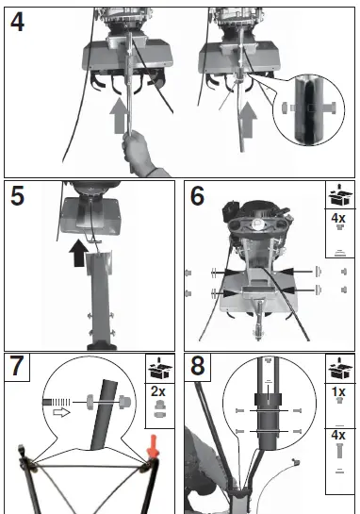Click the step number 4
pos(17,23)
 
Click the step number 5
pos(17,196)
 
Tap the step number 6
pos(197,196)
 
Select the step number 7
pos(17,366)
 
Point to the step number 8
pos(198,366)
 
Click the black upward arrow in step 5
pos(78,253)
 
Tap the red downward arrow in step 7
pos(153,446)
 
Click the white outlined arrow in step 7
pos(61,412)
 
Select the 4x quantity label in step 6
pos(338,218)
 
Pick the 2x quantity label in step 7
pos(158,391)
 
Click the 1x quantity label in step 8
pos(338,391)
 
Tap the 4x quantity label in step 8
pos(338,435)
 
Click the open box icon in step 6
pos(340,194)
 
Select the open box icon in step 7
pos(160,369)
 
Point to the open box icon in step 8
pos(340,369)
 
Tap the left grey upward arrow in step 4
pos(118,115)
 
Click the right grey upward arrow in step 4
pos(248,120)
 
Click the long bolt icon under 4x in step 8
pos(339,451)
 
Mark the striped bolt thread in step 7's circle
pos(57,402)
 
